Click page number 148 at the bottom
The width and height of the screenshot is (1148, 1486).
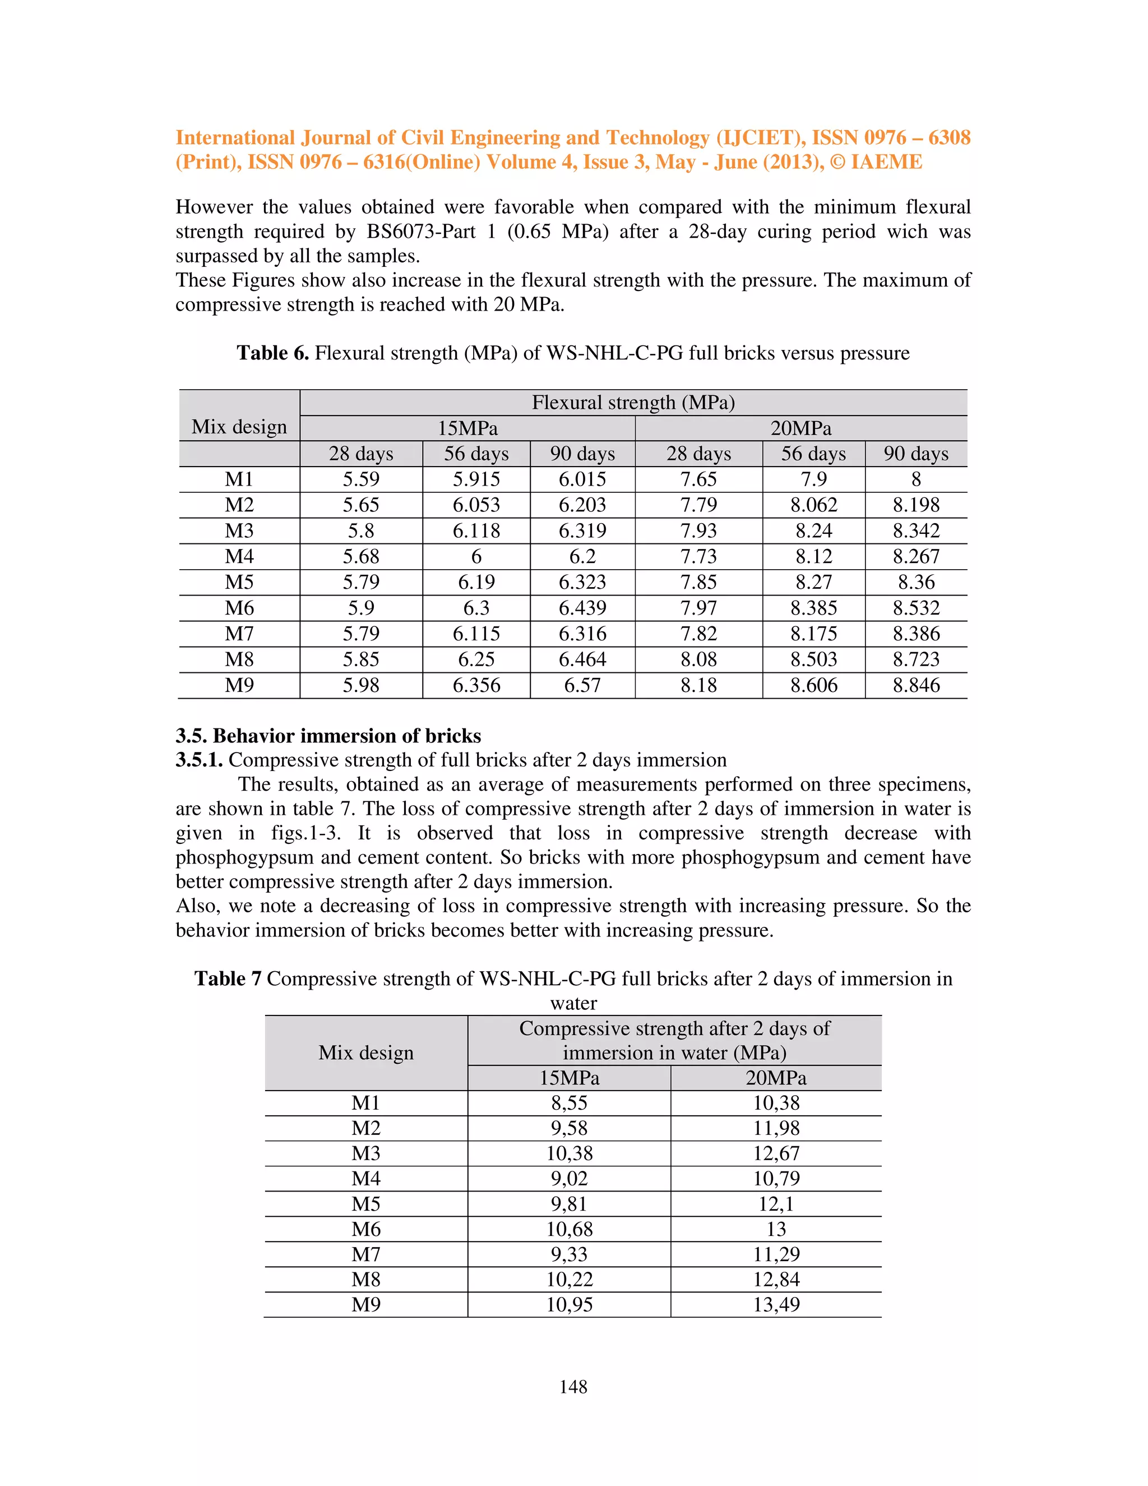click(x=573, y=1387)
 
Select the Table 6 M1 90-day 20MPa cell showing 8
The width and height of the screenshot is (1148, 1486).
click(x=915, y=479)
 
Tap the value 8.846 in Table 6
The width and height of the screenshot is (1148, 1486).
click(x=915, y=685)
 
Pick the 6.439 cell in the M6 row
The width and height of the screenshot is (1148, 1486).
click(x=582, y=608)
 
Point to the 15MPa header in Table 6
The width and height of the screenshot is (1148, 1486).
click(x=467, y=428)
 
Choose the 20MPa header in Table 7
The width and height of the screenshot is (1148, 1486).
click(x=775, y=1078)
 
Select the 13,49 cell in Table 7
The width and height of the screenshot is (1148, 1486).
click(x=775, y=1305)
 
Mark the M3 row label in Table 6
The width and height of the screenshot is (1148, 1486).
click(x=239, y=530)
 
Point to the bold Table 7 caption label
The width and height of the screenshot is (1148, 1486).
click(x=227, y=979)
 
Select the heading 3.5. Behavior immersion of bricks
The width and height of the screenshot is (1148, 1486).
click(x=328, y=736)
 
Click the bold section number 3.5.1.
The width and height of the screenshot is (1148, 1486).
click(x=198, y=760)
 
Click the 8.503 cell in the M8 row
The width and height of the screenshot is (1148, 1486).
click(x=813, y=659)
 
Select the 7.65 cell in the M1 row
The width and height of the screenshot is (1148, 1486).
click(x=698, y=479)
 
